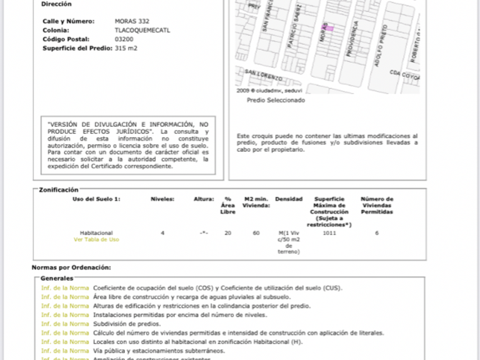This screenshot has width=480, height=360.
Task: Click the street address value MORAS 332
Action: coord(131,21)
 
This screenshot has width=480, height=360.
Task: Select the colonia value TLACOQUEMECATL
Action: coord(142,30)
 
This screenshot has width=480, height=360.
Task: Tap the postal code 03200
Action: coord(124,39)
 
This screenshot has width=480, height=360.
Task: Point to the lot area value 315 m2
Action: coord(126,47)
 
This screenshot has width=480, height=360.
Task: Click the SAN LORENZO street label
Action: coord(263,75)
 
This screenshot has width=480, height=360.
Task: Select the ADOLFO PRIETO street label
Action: coord(381,46)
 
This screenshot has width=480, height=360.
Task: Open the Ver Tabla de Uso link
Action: coord(96,239)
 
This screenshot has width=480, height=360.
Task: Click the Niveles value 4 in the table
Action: coord(162,233)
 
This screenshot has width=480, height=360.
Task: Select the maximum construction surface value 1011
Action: coord(329,233)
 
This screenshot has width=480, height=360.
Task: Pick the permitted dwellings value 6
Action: coord(377,233)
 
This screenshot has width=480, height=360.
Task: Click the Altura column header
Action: coord(204,199)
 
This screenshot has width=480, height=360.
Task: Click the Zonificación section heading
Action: coord(59,189)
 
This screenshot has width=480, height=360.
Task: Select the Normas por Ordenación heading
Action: coord(71,267)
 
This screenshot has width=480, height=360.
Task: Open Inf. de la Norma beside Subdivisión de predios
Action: coord(65,324)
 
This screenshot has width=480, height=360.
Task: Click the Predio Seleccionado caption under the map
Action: coord(276,100)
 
